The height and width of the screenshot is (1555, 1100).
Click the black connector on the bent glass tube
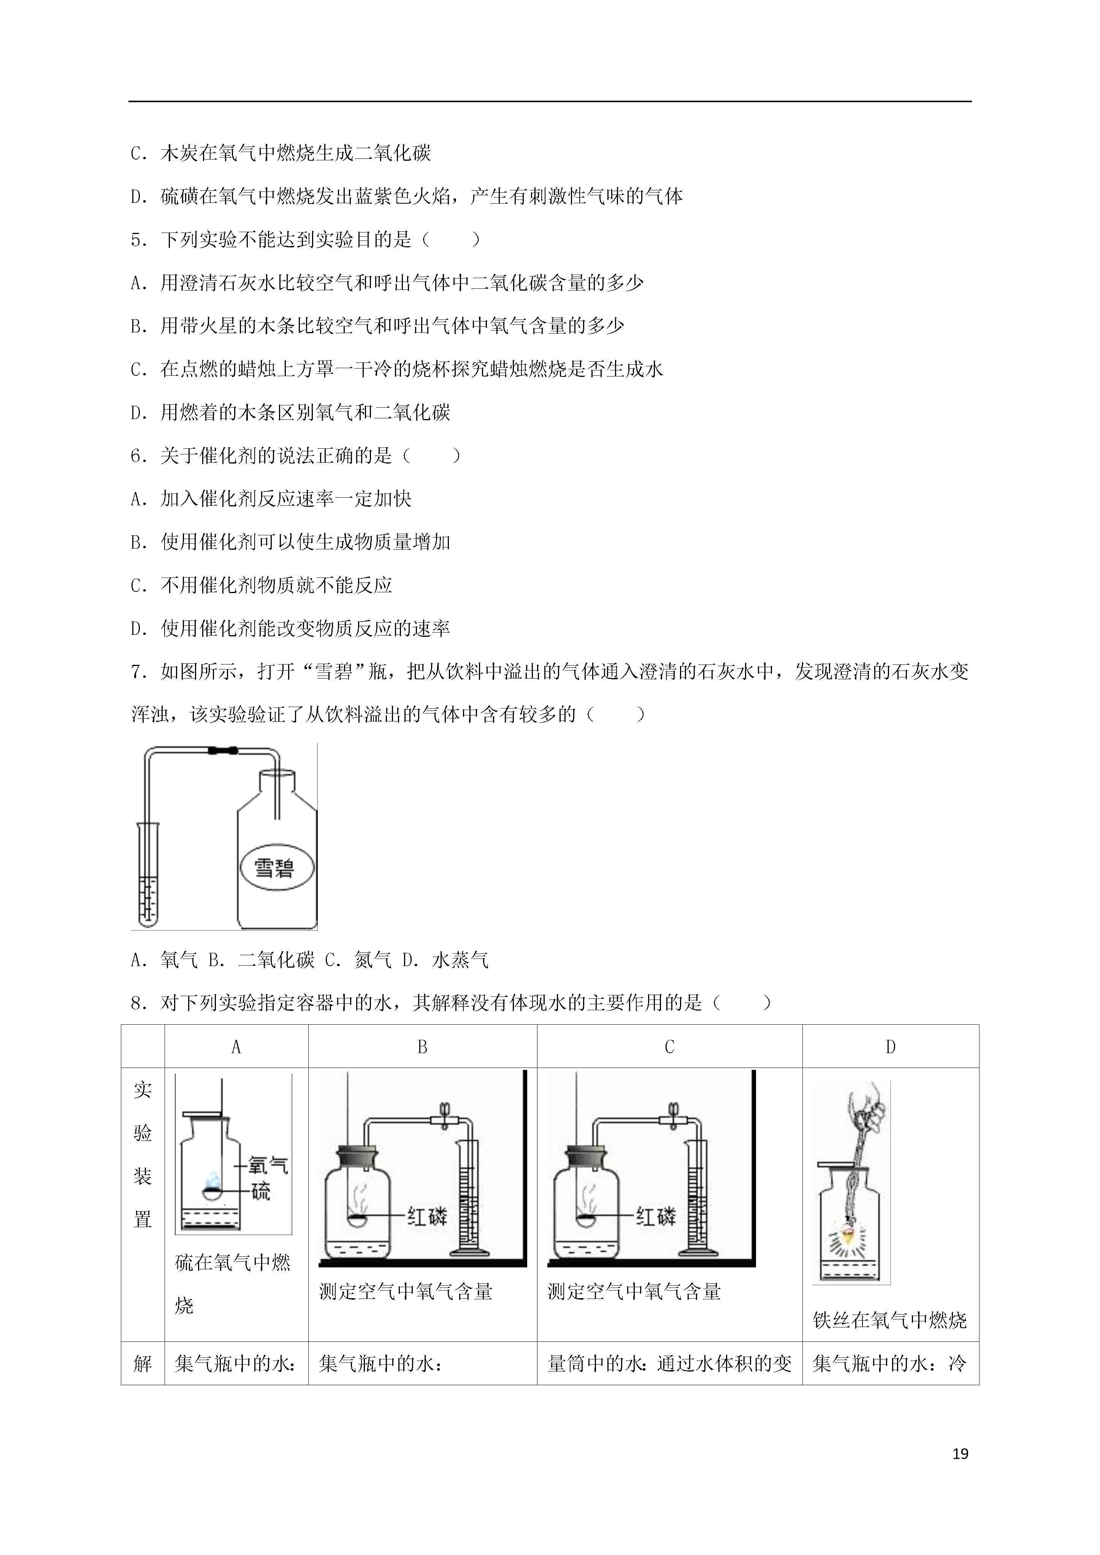(223, 750)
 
